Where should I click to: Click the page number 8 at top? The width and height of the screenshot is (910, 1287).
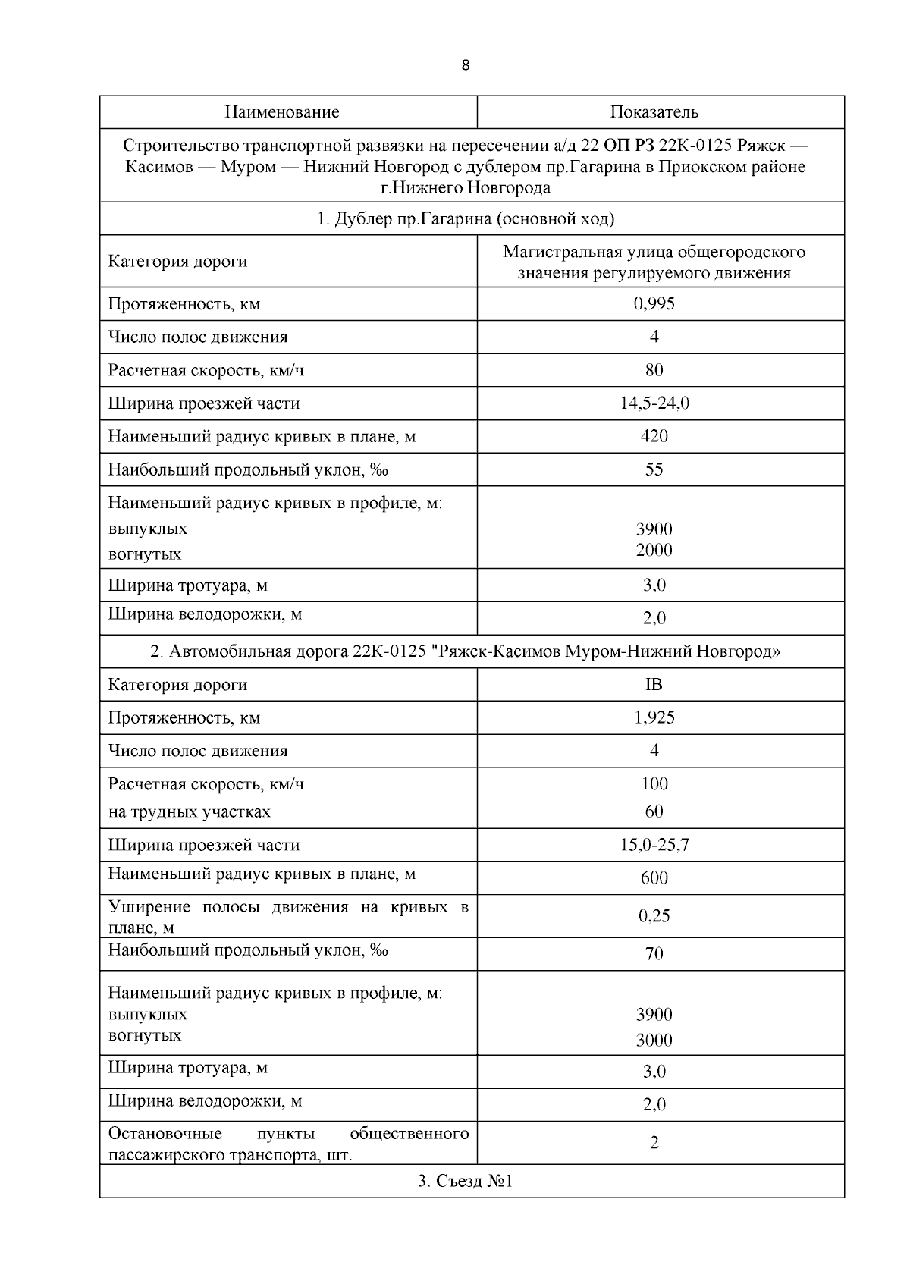[465, 65]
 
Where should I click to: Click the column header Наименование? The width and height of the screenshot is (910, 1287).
[281, 112]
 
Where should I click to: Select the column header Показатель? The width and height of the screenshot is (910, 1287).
[654, 112]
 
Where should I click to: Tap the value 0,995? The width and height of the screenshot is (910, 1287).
[654, 303]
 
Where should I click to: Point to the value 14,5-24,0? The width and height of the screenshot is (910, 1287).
[654, 403]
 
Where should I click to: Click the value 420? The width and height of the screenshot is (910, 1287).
[654, 436]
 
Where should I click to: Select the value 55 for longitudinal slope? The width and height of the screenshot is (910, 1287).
[654, 469]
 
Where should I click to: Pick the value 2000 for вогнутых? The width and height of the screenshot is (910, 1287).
[654, 550]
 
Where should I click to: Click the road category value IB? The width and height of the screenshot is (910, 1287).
[654, 685]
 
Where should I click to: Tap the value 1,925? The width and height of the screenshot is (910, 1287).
[654, 717]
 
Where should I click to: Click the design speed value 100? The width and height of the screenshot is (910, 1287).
[654, 783]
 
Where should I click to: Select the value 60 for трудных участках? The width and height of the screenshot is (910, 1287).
[654, 811]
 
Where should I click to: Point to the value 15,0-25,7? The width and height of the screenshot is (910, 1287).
[654, 845]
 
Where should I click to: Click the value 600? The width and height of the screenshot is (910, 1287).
[654, 878]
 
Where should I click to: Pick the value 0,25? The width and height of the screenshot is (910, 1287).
[654, 915]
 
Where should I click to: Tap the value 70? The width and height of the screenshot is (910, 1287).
[654, 954]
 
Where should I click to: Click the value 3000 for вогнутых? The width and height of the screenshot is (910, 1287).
[654, 1040]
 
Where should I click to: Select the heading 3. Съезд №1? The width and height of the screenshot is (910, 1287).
[465, 1181]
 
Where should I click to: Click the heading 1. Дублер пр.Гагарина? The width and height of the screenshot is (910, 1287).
[465, 219]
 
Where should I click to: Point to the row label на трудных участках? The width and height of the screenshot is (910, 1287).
[189, 811]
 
